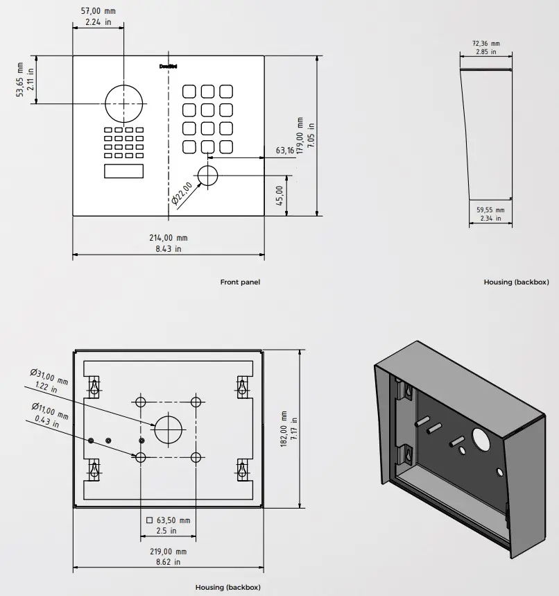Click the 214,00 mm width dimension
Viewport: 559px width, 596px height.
point(168,238)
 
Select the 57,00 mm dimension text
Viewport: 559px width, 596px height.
point(98,11)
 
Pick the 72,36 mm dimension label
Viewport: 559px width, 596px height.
point(486,43)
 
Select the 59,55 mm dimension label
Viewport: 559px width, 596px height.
point(490,210)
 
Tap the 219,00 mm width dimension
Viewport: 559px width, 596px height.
point(168,552)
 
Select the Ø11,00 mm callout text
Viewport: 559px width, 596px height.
point(50,410)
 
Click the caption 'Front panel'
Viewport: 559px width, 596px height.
point(240,282)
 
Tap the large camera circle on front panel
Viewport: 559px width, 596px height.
point(123,103)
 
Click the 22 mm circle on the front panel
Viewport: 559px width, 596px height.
point(207,176)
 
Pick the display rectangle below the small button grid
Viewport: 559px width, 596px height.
point(124,171)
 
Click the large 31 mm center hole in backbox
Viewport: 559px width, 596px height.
point(167,429)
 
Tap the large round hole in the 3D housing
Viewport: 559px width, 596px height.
point(481,439)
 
